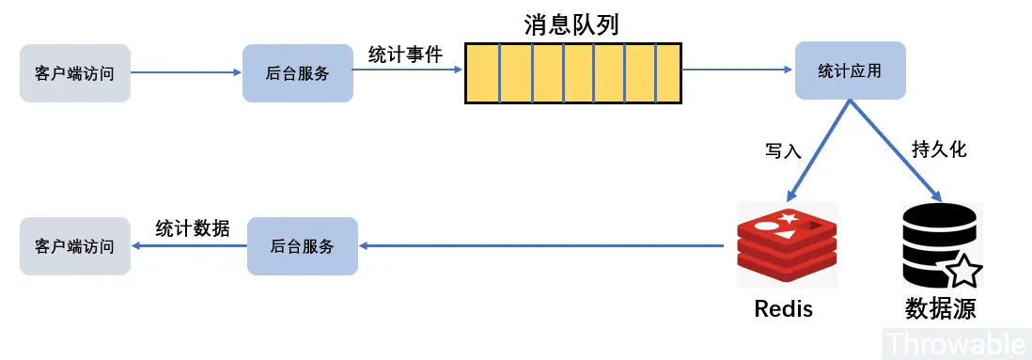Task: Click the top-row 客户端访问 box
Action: click(75, 73)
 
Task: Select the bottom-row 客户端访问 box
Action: click(75, 246)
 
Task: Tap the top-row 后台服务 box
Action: click(298, 73)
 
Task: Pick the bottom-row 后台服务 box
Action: click(303, 246)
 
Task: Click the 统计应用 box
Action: click(851, 70)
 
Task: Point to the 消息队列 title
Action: click(572, 25)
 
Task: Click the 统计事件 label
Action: click(405, 55)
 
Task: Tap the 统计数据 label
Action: click(192, 228)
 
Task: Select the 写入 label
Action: click(783, 150)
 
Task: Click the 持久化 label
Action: click(939, 149)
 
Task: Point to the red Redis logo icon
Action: click(787, 244)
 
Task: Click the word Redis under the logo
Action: click(783, 308)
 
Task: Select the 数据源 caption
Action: click(940, 308)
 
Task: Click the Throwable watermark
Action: click(958, 344)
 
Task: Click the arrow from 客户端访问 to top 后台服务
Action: click(187, 73)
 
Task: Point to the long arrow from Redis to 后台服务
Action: click(541, 246)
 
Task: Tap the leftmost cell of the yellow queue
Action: click(482, 73)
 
